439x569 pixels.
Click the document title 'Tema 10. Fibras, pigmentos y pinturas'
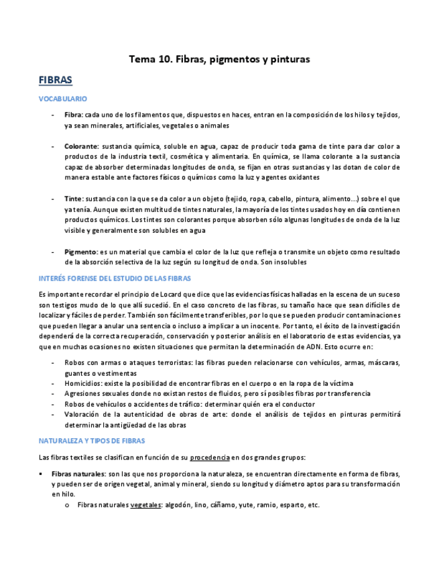pos(219,60)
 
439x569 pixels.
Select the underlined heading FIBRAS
pos(56,80)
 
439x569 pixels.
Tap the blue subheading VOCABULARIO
pos(63,99)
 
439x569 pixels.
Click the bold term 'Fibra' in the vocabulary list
pos(73,115)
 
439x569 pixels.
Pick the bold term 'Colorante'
pos(81,146)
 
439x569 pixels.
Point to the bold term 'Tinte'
pos(73,199)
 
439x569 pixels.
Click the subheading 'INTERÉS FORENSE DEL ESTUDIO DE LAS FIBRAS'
pos(115,278)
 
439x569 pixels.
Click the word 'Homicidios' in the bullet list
pos(84,383)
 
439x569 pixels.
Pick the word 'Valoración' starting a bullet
pos(84,415)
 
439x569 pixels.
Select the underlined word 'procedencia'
pos(210,458)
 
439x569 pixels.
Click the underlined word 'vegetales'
pos(145,505)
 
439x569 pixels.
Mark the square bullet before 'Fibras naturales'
pos(42,474)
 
